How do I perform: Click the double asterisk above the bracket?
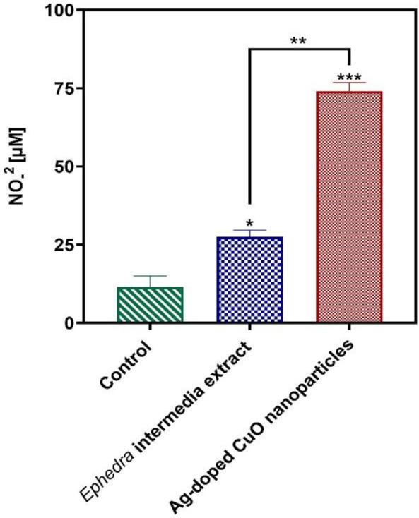298,40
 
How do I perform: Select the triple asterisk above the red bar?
348,77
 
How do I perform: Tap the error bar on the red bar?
348,87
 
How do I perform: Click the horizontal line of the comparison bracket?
299,49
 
